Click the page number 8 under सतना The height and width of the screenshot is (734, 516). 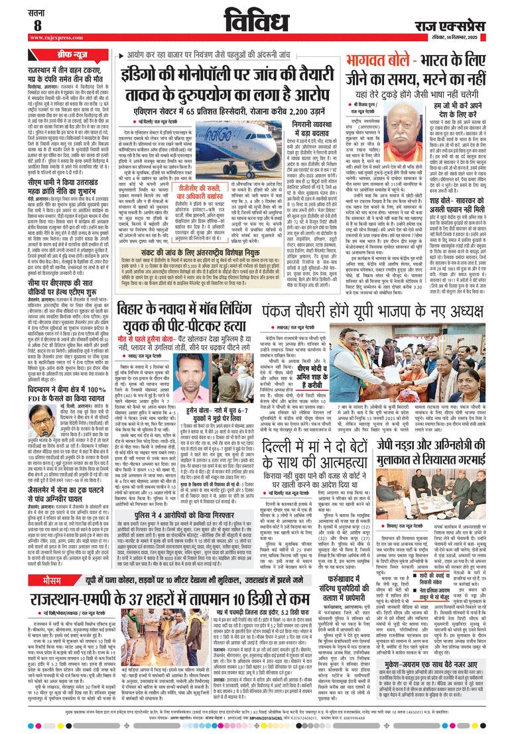pos(37,25)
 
